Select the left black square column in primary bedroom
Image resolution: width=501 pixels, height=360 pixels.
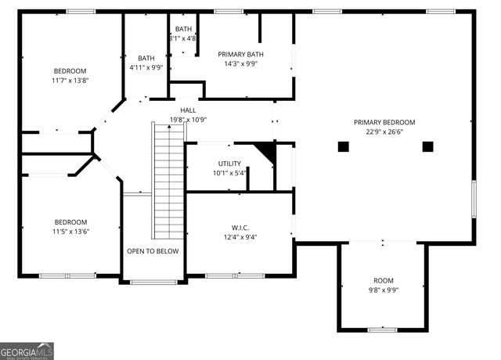[343, 146]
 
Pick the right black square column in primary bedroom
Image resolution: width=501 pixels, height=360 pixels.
[427, 146]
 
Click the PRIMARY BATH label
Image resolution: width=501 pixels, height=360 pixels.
[240, 54]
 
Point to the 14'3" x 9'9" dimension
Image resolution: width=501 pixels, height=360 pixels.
[240, 64]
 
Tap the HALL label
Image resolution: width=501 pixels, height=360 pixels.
[188, 110]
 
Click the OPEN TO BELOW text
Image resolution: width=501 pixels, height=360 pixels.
[153, 251]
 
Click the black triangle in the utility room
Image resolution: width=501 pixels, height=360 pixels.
[267, 151]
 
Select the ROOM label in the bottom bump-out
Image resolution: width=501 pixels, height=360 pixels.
[383, 279]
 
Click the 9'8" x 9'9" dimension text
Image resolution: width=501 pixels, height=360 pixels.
[383, 289]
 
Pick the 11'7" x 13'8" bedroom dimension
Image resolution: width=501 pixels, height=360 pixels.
[70, 80]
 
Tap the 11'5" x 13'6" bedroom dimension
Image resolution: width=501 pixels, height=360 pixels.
[70, 232]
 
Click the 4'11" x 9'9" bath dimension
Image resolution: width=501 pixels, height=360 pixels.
[146, 68]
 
